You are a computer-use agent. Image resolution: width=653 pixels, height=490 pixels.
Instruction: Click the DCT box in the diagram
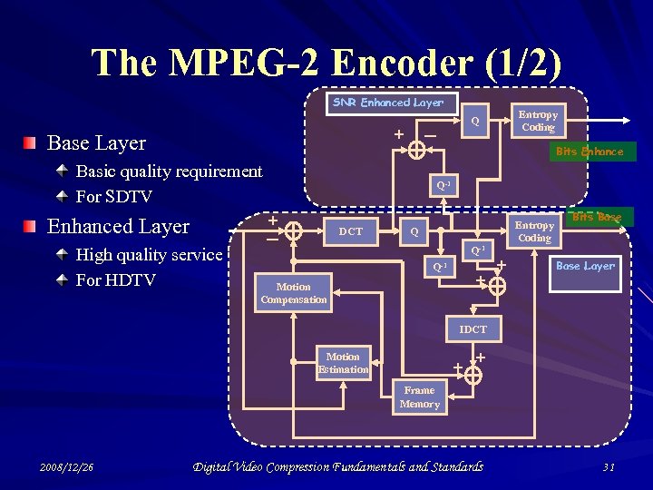(x=350, y=231)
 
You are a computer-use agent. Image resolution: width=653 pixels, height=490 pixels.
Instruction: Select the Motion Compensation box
(x=293, y=293)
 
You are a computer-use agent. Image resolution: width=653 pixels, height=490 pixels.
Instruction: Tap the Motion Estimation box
(x=343, y=363)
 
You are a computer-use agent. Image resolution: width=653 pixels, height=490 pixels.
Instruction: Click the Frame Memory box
(x=419, y=397)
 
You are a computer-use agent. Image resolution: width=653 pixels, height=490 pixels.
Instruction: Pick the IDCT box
(x=473, y=329)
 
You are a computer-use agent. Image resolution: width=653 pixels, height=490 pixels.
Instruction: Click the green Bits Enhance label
(x=590, y=152)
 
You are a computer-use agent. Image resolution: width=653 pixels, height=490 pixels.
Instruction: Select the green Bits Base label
(x=597, y=217)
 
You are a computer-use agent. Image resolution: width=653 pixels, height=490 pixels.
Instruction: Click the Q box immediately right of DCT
(x=413, y=231)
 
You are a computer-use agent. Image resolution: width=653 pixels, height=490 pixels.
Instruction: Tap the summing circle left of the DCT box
(x=294, y=232)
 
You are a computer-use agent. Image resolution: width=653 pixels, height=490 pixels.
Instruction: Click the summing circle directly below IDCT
(x=473, y=374)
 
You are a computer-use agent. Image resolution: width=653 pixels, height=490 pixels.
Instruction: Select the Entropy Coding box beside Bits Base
(x=534, y=231)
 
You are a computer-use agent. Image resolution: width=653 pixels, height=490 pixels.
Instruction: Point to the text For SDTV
(x=114, y=197)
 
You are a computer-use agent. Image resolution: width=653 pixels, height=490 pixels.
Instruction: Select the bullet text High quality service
(x=149, y=255)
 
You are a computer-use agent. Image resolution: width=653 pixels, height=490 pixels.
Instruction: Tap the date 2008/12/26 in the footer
(x=67, y=467)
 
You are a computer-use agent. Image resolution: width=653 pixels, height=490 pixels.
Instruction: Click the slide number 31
(x=609, y=467)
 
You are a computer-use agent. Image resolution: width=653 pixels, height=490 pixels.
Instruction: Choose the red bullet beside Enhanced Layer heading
(x=32, y=226)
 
